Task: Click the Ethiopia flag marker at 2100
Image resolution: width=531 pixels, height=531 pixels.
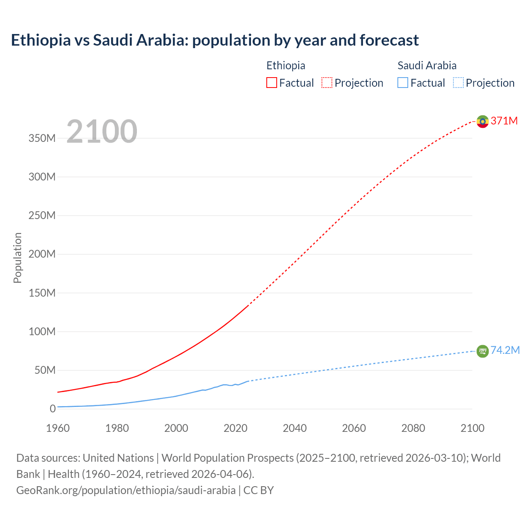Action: pyautogui.click(x=482, y=121)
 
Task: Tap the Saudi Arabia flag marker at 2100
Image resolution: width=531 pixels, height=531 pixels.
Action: pyautogui.click(x=482, y=351)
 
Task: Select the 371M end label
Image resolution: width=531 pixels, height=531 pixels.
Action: pyautogui.click(x=504, y=121)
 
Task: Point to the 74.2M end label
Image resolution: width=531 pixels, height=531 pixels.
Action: pyautogui.click(x=505, y=351)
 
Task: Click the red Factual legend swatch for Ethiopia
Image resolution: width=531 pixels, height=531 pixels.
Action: pyautogui.click(x=272, y=83)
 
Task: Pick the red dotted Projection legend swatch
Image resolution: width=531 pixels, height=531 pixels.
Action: pyautogui.click(x=327, y=83)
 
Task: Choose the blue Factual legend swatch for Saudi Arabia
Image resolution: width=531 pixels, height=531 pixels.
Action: pyautogui.click(x=403, y=83)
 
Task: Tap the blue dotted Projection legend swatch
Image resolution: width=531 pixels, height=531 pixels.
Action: pyautogui.click(x=458, y=83)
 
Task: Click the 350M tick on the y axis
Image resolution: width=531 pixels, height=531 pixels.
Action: pyautogui.click(x=42, y=138)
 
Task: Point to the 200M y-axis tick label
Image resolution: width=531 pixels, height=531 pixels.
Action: pyautogui.click(x=42, y=254)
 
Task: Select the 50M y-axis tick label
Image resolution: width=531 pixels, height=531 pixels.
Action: pyautogui.click(x=45, y=370)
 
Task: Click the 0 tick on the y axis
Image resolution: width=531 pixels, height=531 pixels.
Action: pyautogui.click(x=52, y=409)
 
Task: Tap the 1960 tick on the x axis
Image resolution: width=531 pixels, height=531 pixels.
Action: pyautogui.click(x=58, y=428)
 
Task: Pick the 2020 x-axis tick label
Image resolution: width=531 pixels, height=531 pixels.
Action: pyautogui.click(x=236, y=428)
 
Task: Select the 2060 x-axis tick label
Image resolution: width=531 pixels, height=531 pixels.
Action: pyautogui.click(x=354, y=428)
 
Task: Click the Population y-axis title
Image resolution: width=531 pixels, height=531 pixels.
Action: pyautogui.click(x=17, y=258)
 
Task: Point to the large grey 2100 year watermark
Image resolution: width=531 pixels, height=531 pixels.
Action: pyautogui.click(x=102, y=132)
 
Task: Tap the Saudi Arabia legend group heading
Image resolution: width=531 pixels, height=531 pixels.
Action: pyautogui.click(x=427, y=66)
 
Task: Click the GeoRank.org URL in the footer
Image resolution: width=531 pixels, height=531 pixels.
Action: pyautogui.click(x=126, y=490)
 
